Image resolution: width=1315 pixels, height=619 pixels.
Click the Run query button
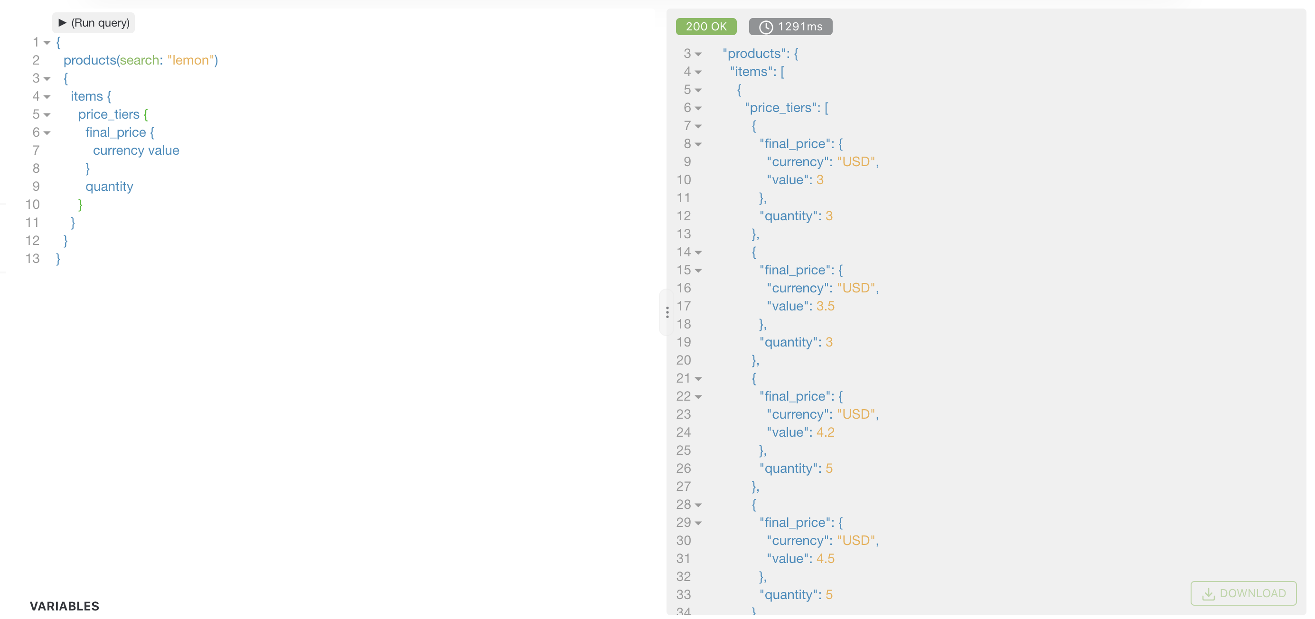coord(94,23)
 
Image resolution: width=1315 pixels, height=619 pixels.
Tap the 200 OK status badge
coord(705,27)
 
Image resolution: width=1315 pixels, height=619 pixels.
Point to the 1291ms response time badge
coord(790,27)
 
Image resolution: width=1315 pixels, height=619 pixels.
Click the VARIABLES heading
coord(64,606)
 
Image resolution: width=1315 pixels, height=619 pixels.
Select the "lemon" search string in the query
coord(190,60)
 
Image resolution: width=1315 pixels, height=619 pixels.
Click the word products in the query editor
coord(90,60)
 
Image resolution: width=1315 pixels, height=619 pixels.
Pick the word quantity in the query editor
coord(109,186)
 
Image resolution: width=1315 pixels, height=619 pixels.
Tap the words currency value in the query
coord(136,150)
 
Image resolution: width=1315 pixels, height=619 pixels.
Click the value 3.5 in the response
coord(825,306)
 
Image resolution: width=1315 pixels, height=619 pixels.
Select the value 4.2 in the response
coord(825,432)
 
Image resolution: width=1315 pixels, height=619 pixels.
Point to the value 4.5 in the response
coord(825,558)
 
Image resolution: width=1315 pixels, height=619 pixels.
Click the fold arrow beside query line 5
coord(47,115)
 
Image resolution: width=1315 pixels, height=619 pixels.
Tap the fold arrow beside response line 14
coord(698,253)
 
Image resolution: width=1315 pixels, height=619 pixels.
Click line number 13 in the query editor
coord(33,258)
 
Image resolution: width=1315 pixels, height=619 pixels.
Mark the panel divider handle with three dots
coord(667,312)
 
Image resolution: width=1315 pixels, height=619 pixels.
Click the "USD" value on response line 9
coord(855,162)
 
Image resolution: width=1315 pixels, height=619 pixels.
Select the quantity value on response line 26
coord(829,469)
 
